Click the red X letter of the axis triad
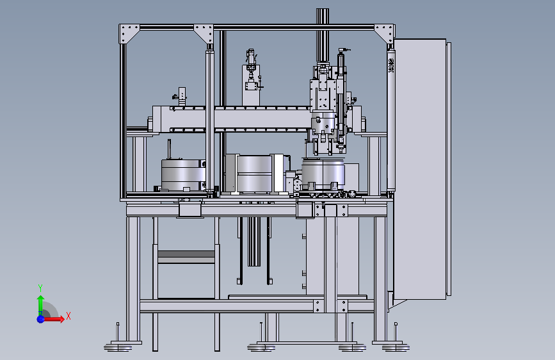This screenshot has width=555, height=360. [x=68, y=316]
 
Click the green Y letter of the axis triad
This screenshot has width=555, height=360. [x=40, y=288]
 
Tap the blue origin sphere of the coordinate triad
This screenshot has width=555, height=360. [x=41, y=319]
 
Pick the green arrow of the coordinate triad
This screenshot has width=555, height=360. [x=41, y=305]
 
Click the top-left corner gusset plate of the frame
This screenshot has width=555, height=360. [x=129, y=34]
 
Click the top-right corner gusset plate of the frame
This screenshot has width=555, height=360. [x=385, y=34]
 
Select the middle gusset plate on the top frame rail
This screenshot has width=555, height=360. [x=204, y=34]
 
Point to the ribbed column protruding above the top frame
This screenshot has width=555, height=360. [x=323, y=35]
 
